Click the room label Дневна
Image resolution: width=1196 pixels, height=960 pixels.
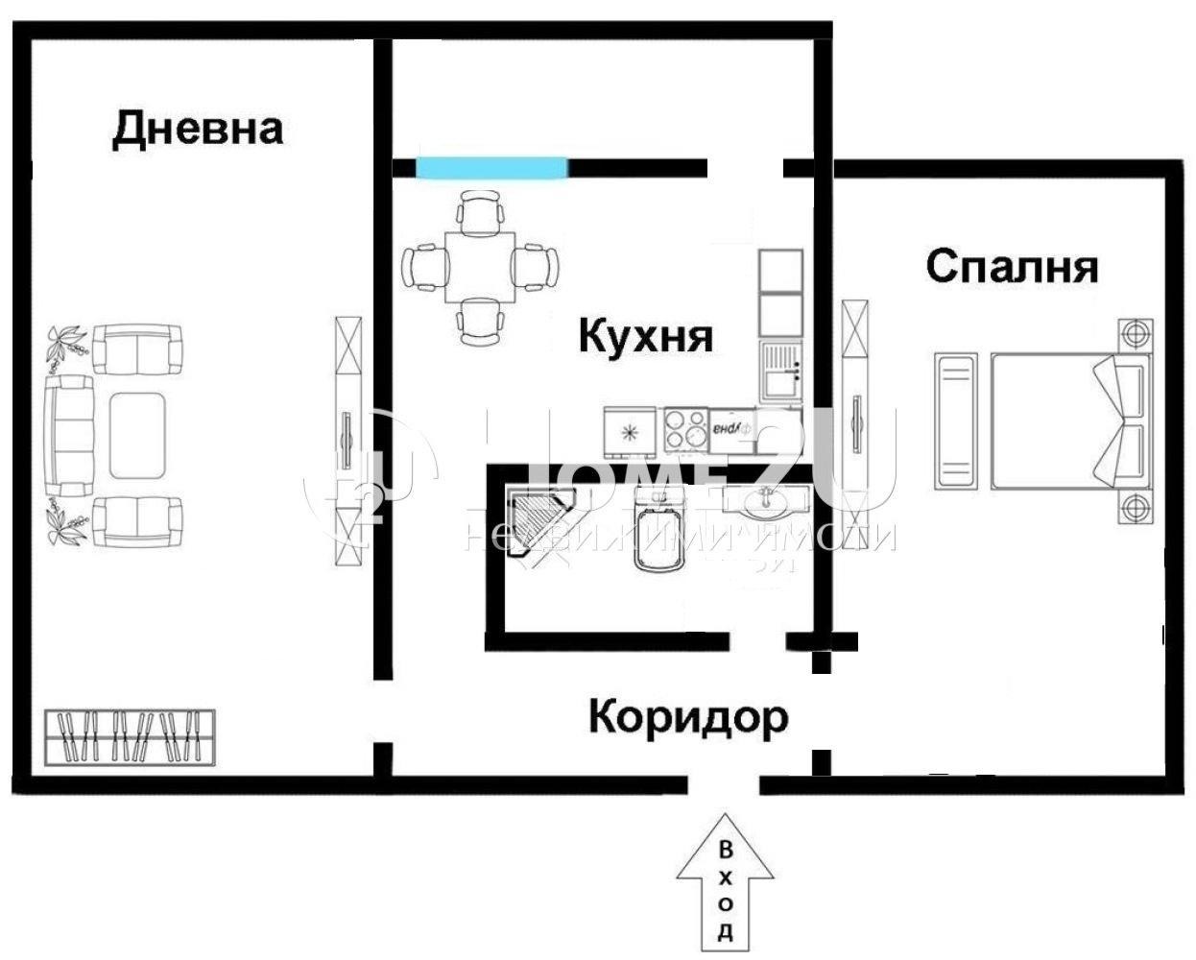198,129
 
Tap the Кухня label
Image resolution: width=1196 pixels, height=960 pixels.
646,337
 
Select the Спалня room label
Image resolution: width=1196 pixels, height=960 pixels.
1012,266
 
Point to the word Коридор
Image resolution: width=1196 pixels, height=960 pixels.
687,716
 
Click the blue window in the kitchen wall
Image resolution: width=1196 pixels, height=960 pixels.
490,168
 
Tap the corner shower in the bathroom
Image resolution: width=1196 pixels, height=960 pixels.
536,519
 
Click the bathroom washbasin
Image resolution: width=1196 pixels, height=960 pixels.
765,500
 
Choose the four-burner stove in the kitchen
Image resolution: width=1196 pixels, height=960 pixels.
685,429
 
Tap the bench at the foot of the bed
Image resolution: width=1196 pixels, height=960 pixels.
955,422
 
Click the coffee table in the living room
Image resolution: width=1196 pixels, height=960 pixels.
140,436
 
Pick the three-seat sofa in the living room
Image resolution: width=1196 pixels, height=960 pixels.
68,436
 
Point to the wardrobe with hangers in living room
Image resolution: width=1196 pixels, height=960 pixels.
131,737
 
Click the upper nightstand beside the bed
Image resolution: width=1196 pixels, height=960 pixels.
1135,336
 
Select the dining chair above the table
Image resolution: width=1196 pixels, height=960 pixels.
479,211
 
